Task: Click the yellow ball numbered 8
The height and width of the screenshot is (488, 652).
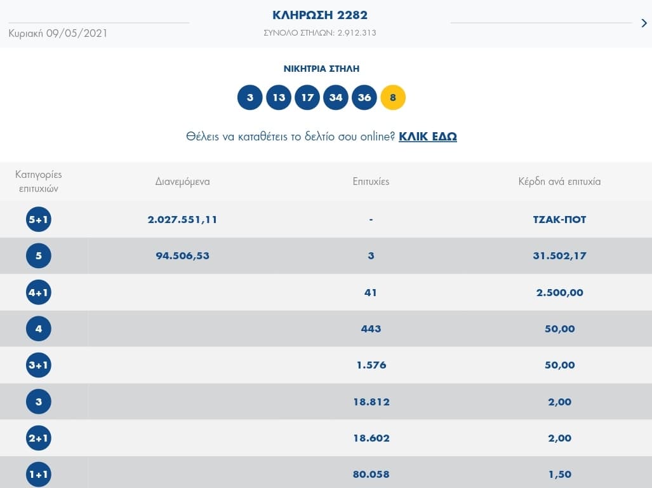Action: coord(393,98)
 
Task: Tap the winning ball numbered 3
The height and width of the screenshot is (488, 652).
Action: coord(250,98)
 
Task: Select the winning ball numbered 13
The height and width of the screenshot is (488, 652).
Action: coord(279,98)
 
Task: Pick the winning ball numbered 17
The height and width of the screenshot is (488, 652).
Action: coord(307,98)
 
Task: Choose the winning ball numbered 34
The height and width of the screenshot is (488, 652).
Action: coord(336,98)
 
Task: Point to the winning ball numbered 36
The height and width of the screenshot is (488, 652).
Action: coord(364,98)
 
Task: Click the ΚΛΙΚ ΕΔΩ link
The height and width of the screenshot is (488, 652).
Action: coord(427,136)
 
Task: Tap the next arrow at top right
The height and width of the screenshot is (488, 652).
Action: coord(644,24)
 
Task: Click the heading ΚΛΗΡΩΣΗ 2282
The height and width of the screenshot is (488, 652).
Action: coord(320,15)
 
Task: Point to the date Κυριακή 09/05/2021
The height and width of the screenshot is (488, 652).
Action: coord(58,33)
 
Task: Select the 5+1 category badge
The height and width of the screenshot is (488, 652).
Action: coord(38,220)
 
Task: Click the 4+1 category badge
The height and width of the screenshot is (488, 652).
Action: coord(38,293)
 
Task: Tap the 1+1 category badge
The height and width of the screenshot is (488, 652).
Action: coord(38,475)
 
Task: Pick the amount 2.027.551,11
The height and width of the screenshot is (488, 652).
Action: coord(182,219)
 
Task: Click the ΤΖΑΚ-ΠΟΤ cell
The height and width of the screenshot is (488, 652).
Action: coord(559,219)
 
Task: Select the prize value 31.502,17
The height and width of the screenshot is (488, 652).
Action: coord(559,256)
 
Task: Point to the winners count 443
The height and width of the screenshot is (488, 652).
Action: coord(371,329)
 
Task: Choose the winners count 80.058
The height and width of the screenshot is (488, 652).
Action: coord(371,474)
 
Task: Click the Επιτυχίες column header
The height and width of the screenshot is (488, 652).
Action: coord(371,182)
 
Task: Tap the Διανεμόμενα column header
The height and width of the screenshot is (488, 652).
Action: coord(182,182)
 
